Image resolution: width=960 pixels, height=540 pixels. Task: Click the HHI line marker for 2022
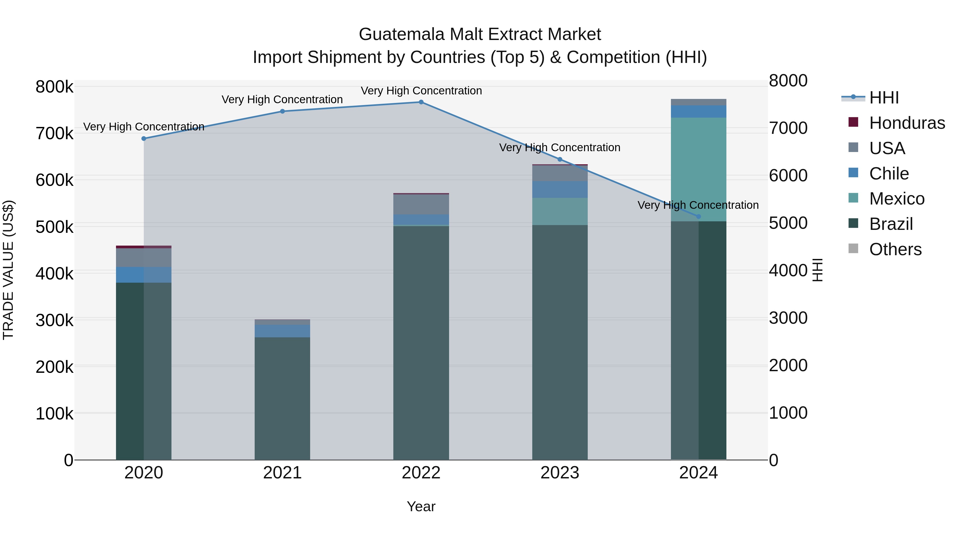point(421,102)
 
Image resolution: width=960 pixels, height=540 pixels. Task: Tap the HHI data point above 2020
point(144,139)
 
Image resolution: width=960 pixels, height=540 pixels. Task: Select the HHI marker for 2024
point(698,217)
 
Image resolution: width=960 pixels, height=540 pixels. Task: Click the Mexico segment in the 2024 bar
point(698,170)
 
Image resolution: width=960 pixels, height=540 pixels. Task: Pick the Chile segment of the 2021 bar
point(282,331)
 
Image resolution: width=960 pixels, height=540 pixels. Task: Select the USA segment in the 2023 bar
point(559,173)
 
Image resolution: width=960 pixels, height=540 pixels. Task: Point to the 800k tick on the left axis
point(54,87)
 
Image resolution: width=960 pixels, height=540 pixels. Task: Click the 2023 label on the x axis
point(559,473)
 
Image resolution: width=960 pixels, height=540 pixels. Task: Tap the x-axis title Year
point(421,506)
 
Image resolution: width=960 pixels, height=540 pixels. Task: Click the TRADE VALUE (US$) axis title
point(8,270)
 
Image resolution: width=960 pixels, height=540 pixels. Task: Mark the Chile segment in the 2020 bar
point(144,275)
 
